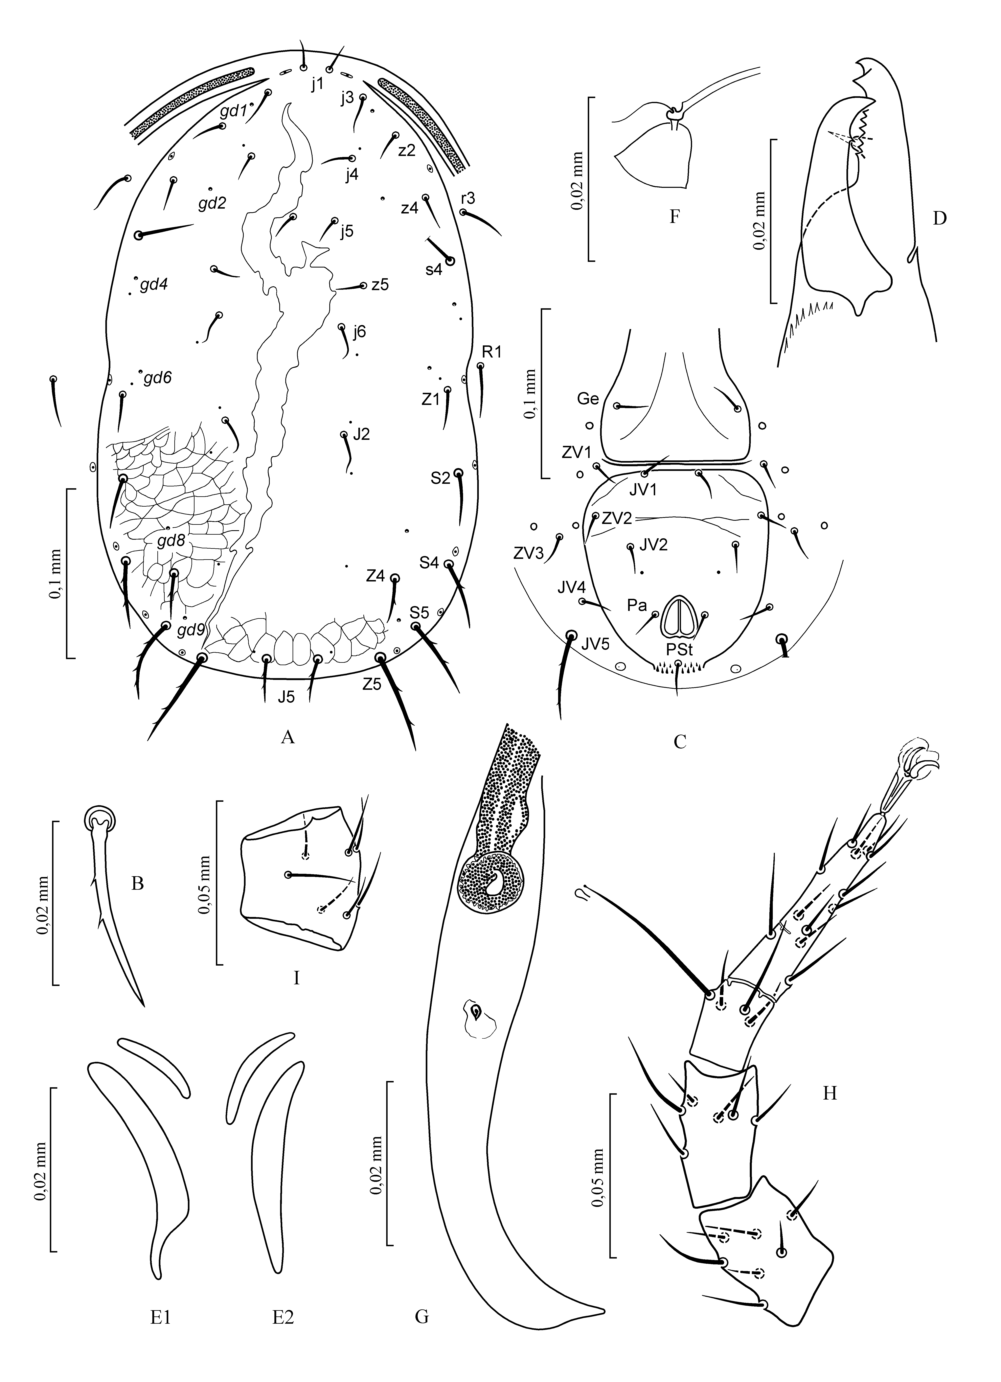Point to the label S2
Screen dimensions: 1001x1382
(440, 478)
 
